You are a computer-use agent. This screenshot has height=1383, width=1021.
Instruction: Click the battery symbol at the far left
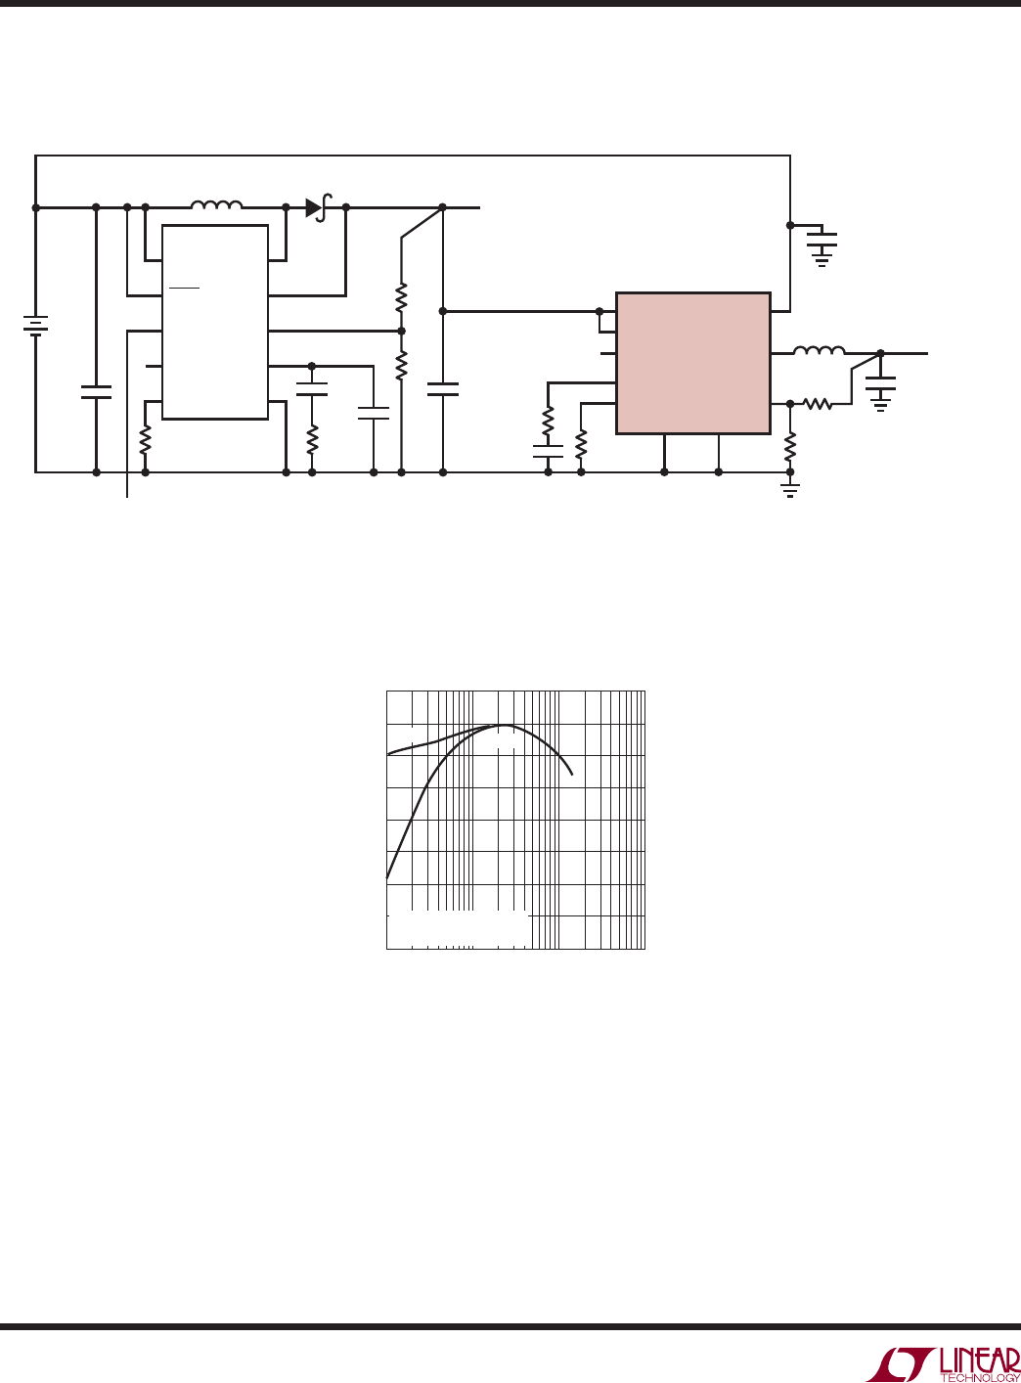[x=35, y=326]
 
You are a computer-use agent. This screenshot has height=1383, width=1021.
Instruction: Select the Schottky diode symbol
[x=319, y=207]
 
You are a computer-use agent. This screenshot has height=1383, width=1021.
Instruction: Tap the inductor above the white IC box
[x=216, y=205]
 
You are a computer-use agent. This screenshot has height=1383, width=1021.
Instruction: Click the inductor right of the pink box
[x=820, y=351]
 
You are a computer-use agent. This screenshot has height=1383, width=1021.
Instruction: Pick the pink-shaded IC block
[x=693, y=363]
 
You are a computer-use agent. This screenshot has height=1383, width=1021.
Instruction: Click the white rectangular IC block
[x=215, y=322]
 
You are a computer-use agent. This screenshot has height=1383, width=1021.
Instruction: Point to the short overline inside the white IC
[x=185, y=289]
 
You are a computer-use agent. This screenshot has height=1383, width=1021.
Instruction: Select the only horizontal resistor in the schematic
[x=818, y=404]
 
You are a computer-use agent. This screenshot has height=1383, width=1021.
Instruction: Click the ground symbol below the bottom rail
[x=790, y=489]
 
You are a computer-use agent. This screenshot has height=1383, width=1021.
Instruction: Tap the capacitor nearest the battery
[x=96, y=392]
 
